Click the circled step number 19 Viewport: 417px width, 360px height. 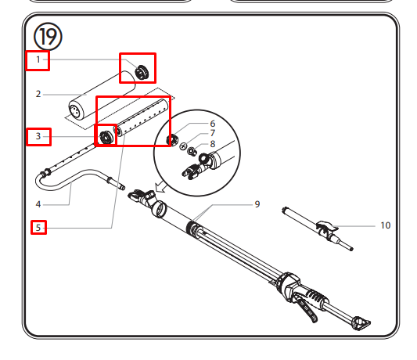(48, 37)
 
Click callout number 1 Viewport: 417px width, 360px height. (38, 59)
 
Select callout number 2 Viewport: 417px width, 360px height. (38, 94)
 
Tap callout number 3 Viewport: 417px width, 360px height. (38, 136)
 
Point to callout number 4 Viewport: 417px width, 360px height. (38, 204)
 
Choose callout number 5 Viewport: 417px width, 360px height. (38, 228)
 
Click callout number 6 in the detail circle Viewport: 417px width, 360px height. (213, 124)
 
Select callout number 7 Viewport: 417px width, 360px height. (213, 133)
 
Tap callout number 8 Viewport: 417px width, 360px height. (213, 144)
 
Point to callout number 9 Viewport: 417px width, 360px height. (257, 204)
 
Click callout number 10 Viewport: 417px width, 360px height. (386, 225)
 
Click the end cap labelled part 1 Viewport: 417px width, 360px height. (142, 72)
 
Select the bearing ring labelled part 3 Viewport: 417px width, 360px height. (106, 138)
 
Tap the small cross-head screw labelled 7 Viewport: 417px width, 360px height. (183, 146)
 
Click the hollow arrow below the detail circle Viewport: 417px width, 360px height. (161, 186)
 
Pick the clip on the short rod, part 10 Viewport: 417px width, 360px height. (326, 229)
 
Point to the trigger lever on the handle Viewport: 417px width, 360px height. (307, 309)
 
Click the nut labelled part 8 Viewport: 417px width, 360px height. (192, 152)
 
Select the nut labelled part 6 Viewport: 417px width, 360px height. (171, 139)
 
